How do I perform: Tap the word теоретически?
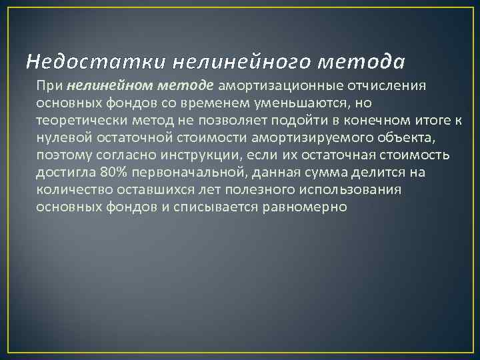(77, 120)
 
